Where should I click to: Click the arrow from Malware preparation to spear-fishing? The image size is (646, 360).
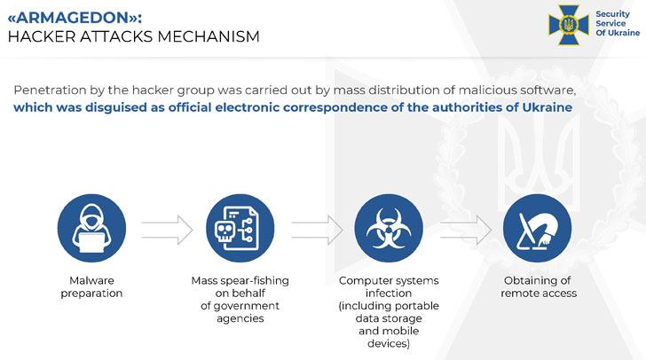[x=166, y=229]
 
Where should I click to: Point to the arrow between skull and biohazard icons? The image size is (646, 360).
[x=316, y=229]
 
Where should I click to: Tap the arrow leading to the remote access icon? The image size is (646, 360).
[x=464, y=229]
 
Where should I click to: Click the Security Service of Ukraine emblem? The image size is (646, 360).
[x=568, y=24]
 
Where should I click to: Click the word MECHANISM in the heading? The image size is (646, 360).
[x=209, y=36]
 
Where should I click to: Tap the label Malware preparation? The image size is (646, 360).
[x=91, y=286]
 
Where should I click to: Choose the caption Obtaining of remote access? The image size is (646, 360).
[x=538, y=286]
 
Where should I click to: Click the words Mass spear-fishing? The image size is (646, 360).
[x=240, y=280]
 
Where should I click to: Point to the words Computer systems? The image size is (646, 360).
[x=389, y=280]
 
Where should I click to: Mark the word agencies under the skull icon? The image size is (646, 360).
[x=240, y=318]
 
